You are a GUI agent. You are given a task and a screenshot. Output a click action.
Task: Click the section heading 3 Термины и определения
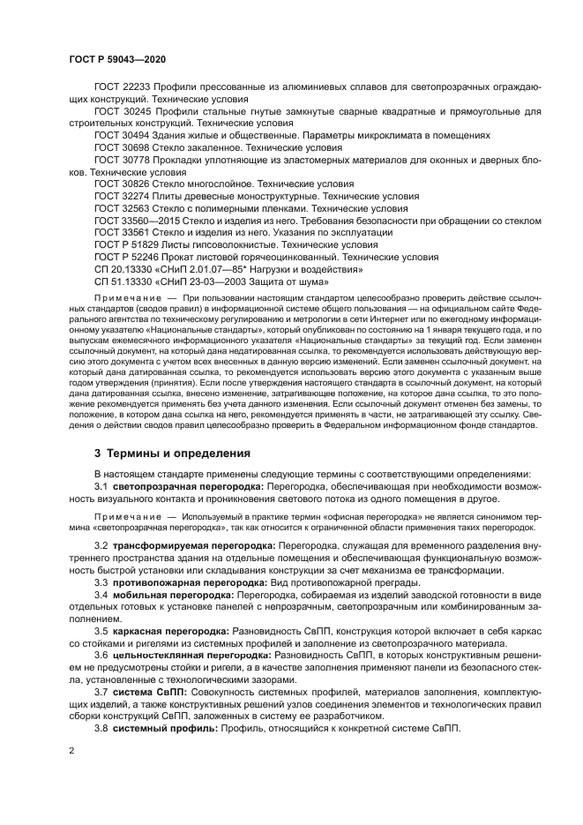point(172,454)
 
